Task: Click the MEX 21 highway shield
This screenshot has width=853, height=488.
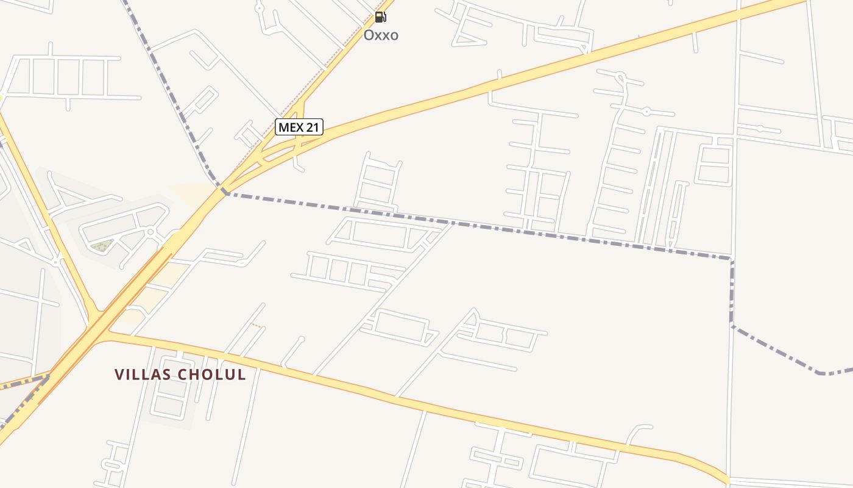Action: click(x=299, y=127)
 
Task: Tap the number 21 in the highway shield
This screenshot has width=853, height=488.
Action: click(x=313, y=127)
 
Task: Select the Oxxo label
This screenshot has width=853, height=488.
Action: click(x=381, y=35)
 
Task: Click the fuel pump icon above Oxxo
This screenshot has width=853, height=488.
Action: click(x=380, y=16)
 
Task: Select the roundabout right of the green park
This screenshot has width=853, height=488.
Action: click(x=150, y=232)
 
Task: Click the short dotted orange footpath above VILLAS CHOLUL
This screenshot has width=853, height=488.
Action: click(x=257, y=325)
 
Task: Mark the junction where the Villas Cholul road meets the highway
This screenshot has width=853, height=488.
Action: click(x=107, y=332)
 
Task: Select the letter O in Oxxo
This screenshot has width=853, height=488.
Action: click(x=369, y=35)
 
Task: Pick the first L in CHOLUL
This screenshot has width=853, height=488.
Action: click(x=221, y=375)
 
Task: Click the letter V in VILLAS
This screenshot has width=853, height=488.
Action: click(x=119, y=375)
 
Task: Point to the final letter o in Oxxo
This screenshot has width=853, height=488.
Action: click(x=394, y=35)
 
